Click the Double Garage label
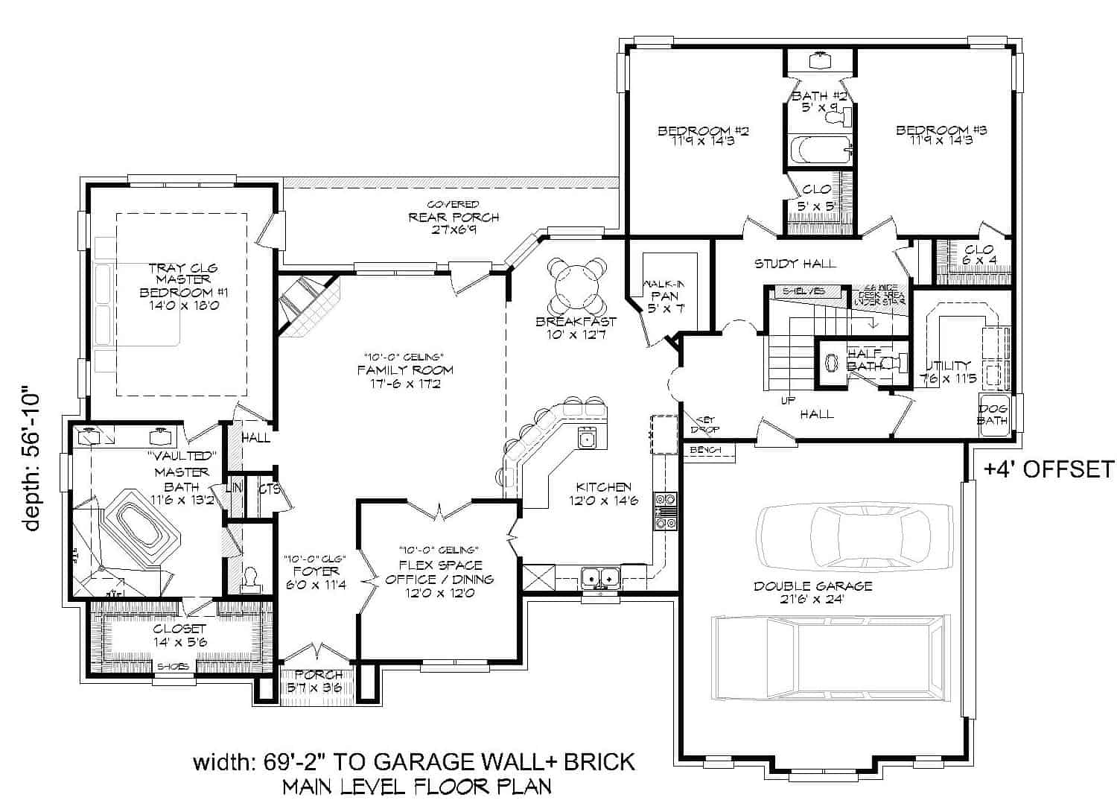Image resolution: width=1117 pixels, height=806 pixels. pyautogui.click(x=812, y=592)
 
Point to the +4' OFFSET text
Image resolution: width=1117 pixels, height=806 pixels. pyautogui.click(x=1048, y=469)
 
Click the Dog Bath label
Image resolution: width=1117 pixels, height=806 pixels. pyautogui.click(x=993, y=415)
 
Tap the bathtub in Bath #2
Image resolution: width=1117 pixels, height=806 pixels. pyautogui.click(x=820, y=150)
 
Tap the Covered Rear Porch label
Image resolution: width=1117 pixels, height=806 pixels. pyautogui.click(x=454, y=217)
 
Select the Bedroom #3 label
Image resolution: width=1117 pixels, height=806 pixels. pyautogui.click(x=941, y=135)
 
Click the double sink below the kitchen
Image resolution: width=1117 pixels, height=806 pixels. pyautogui.click(x=600, y=576)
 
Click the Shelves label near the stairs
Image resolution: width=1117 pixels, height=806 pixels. pyautogui.click(x=803, y=291)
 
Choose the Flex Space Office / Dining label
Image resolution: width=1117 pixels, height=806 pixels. pyautogui.click(x=440, y=579)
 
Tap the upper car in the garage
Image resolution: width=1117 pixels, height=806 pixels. pyautogui.click(x=854, y=531)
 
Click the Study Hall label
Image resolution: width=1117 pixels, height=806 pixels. pyautogui.click(x=795, y=263)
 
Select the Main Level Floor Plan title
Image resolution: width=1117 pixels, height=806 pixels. pyautogui.click(x=417, y=786)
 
